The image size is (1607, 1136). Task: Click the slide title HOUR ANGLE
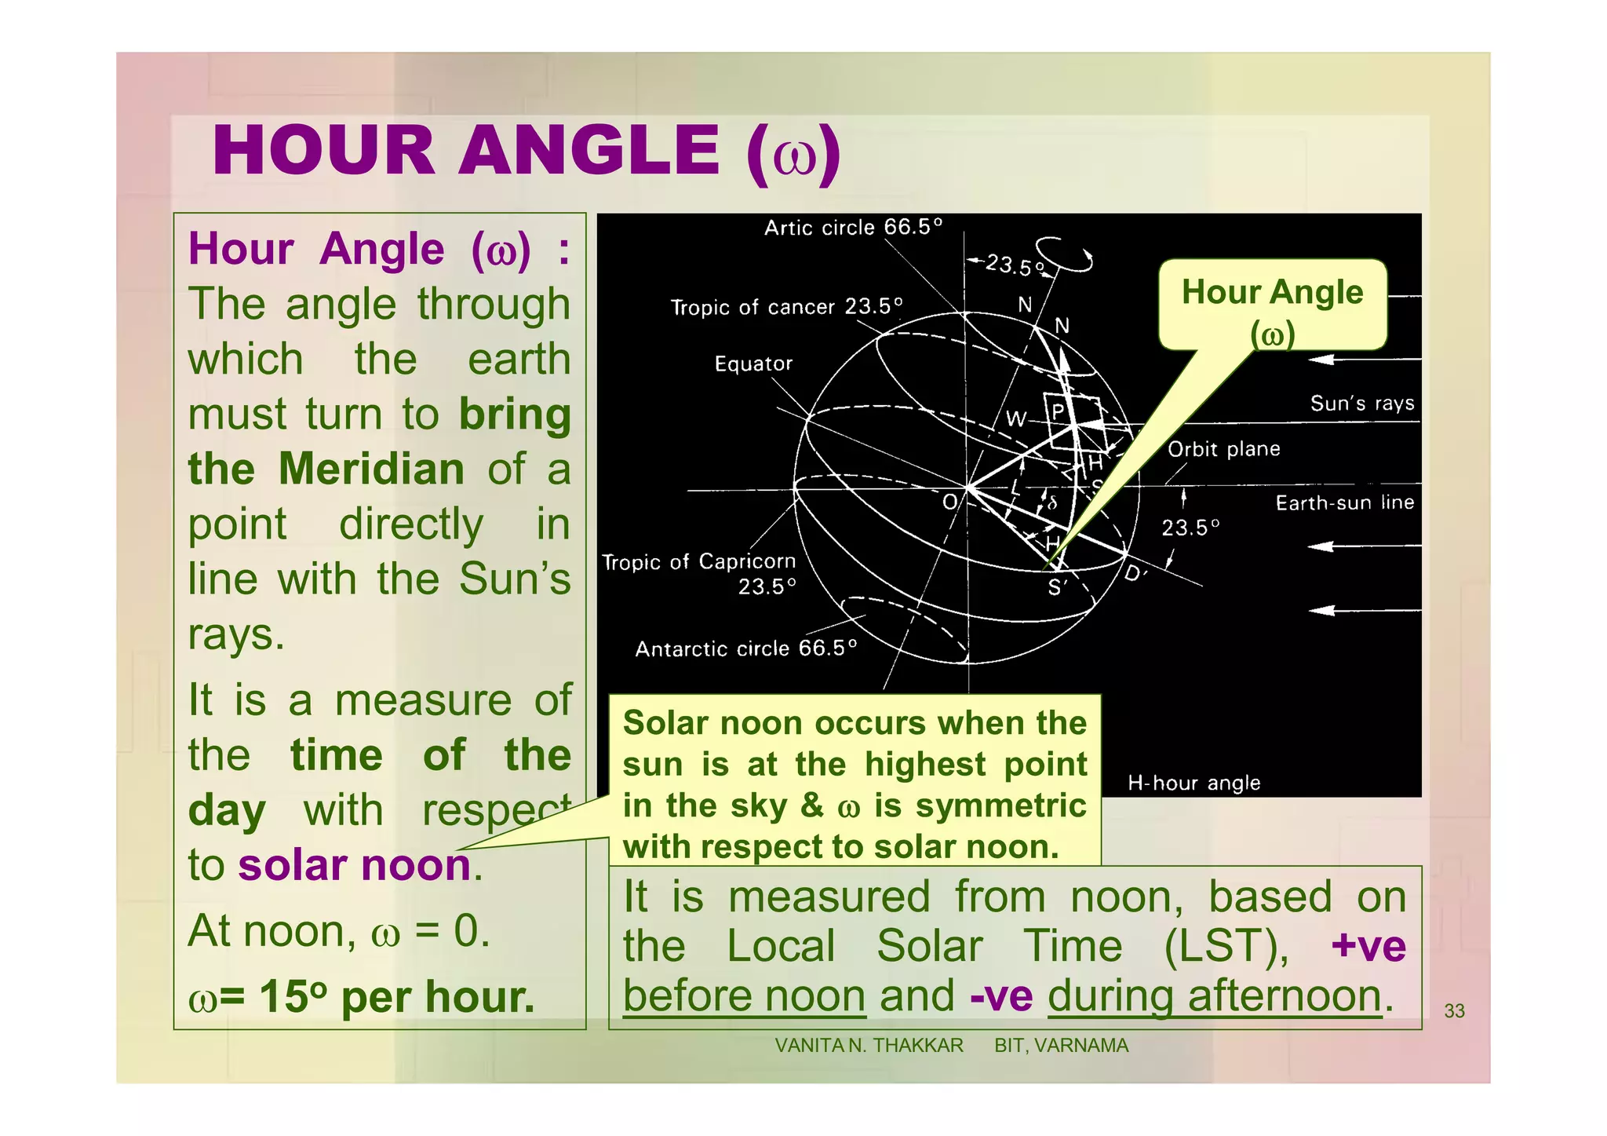pos(526,151)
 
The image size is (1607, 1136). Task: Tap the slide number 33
pos(1454,1011)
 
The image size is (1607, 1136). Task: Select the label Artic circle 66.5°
pos(853,228)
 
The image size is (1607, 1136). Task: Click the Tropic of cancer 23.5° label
pos(786,306)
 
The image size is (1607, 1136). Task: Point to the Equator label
pos(753,363)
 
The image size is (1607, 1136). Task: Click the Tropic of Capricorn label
pos(698,562)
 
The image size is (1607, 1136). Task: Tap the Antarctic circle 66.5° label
pos(745,648)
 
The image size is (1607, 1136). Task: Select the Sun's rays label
pos(1361,404)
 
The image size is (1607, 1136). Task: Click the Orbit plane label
pos(1223,449)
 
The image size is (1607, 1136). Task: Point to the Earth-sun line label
pos(1344,502)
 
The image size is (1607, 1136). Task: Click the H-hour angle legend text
pos(1193,783)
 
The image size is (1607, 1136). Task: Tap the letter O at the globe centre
pos(949,502)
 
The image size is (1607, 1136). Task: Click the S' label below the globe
pos(1057,587)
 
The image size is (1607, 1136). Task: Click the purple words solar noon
pos(354,865)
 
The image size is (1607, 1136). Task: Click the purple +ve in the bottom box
pos(1368,945)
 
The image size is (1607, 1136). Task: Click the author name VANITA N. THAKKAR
pos(869,1046)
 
